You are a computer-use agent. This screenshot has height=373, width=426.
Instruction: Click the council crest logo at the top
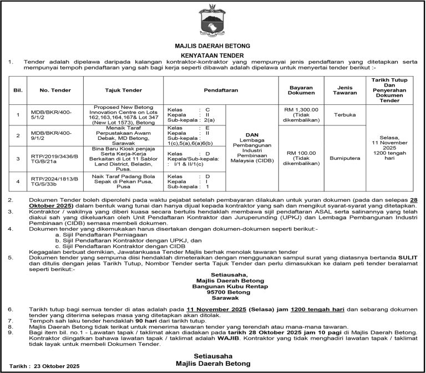click(213, 20)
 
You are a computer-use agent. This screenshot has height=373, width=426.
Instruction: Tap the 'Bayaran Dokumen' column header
click(302, 89)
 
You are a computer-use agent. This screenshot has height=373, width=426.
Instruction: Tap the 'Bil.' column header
click(17, 89)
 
